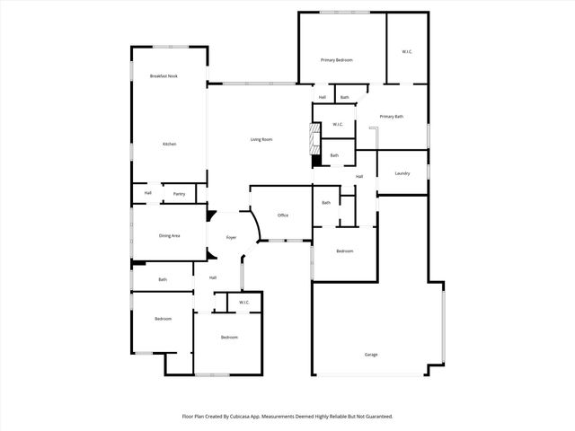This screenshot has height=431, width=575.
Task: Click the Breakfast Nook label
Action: pos(164,76)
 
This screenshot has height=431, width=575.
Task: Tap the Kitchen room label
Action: pos(169,145)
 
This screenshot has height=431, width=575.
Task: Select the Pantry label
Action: pos(179,193)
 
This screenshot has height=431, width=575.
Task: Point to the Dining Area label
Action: pos(170,235)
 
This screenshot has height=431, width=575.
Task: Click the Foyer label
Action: pos(231,238)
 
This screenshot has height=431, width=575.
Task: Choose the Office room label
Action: pos(282,215)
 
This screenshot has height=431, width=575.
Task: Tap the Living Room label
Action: pos(261,139)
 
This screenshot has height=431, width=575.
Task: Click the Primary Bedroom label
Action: pos(337,60)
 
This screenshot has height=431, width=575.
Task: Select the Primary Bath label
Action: pos(391,117)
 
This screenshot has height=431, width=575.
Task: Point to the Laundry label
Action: pos(402,173)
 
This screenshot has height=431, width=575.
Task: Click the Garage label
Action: pos(371,355)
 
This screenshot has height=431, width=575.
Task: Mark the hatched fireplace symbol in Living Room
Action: pos(314,139)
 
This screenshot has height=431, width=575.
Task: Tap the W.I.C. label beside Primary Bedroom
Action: pos(406,51)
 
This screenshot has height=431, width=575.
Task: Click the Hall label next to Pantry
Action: pos(148,193)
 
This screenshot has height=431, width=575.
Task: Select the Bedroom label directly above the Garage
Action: pos(345,251)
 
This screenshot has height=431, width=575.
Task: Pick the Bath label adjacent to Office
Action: pos(326,203)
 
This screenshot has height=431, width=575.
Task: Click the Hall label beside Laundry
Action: pos(359,176)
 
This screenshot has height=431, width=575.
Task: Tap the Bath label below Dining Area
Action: pos(163,280)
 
